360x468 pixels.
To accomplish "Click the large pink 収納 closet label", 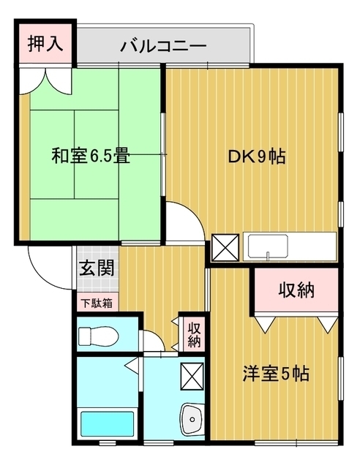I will pos(296,290).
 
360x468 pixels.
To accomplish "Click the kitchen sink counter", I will pos(290,246).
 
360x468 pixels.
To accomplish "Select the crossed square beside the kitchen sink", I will pos(224,246).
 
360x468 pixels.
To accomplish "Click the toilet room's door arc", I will pos(151,341).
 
